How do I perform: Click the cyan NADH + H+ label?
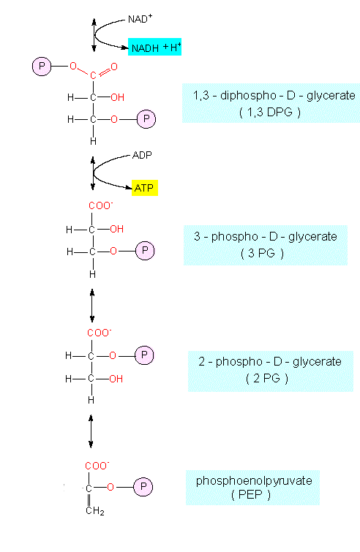pyautogui.click(x=154, y=47)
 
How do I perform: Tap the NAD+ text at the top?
pyautogui.click(x=140, y=19)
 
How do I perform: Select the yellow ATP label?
pyautogui.click(x=144, y=188)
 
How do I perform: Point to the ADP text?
pyautogui.click(x=142, y=155)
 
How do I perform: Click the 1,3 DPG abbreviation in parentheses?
pyautogui.click(x=270, y=112)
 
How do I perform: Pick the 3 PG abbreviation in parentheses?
pyautogui.click(x=262, y=253)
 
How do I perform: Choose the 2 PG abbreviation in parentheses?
pyautogui.click(x=266, y=378)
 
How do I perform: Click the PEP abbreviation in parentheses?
pyautogui.click(x=251, y=494)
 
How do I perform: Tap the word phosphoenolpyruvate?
pyautogui.click(x=254, y=480)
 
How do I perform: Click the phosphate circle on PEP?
pyautogui.click(x=143, y=487)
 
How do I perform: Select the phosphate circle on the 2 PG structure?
pyautogui.click(x=144, y=355)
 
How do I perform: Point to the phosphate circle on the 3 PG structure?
pyautogui.click(x=145, y=251)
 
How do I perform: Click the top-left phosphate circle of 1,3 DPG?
pyautogui.click(x=42, y=67)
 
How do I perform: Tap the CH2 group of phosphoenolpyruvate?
pyautogui.click(x=94, y=510)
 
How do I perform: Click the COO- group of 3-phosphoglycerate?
pyautogui.click(x=101, y=205)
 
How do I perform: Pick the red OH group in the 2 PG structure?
pyautogui.click(x=116, y=379)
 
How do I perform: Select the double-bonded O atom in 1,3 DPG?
pyautogui.click(x=113, y=67)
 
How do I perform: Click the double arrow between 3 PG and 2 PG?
pyautogui.click(x=92, y=306)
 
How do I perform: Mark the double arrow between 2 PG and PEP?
pyautogui.click(x=91, y=431)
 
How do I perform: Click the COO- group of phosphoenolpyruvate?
pyautogui.click(x=97, y=466)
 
